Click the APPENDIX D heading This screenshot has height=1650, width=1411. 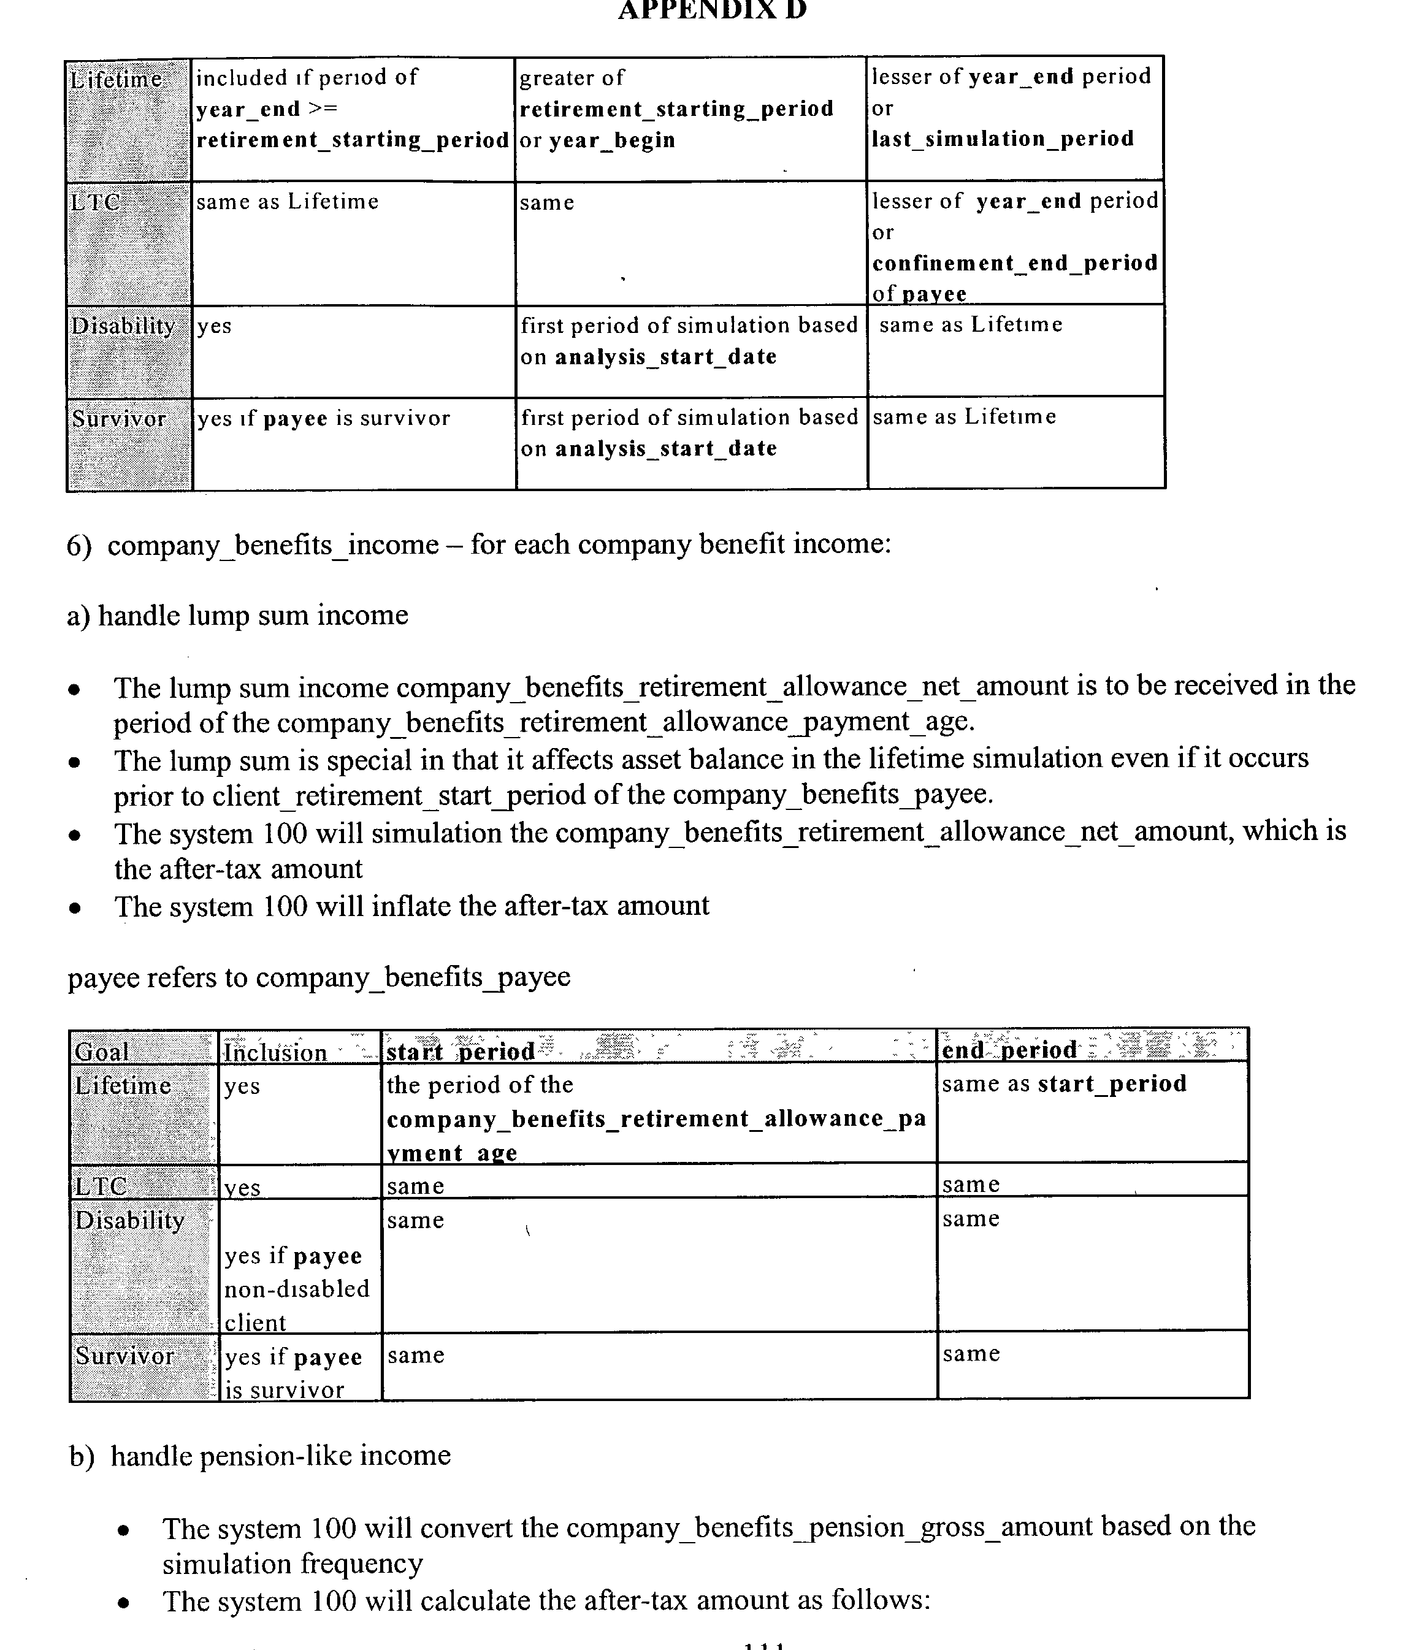point(712,10)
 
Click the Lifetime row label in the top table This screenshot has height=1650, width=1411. point(117,80)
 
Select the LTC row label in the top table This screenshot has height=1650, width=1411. point(96,202)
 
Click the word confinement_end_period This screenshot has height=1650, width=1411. point(1014,264)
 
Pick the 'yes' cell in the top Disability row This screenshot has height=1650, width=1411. point(214,326)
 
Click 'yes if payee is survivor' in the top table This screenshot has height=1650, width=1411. point(323,419)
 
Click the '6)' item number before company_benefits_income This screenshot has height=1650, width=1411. point(80,546)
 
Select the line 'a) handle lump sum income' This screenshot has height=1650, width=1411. point(237,616)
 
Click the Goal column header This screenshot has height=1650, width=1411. point(101,1052)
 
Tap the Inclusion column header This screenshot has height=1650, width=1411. point(275,1053)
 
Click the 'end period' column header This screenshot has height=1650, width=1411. point(1009,1050)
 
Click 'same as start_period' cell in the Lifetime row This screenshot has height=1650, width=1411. point(1064,1084)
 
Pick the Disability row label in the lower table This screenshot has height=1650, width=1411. point(129,1221)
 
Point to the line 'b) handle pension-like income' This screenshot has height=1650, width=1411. point(259,1456)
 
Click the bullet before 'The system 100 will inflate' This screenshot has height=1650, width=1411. point(75,909)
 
